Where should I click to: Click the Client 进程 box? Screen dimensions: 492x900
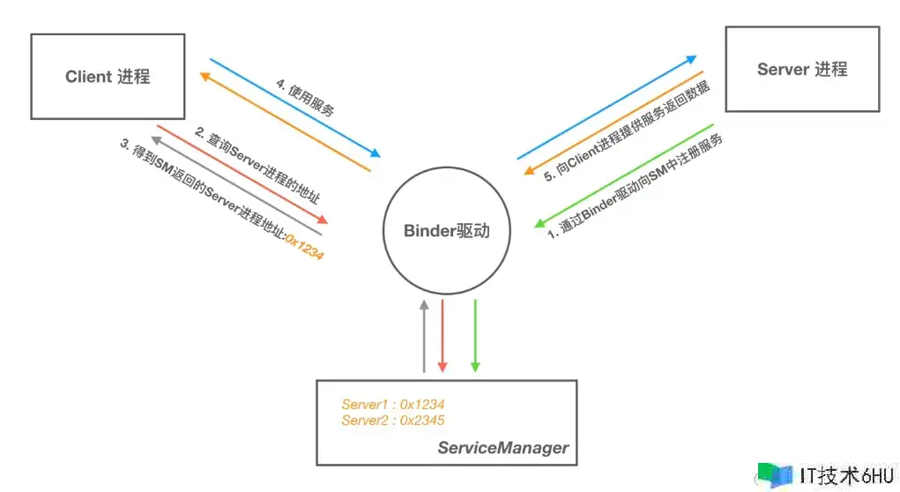tap(108, 77)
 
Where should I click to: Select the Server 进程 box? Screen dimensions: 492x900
tap(801, 69)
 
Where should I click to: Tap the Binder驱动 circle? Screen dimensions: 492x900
tap(445, 231)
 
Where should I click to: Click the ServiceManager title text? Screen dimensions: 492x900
tap(503, 448)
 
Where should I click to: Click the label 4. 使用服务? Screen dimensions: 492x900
tap(304, 99)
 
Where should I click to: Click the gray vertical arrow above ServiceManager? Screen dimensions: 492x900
tap(424, 335)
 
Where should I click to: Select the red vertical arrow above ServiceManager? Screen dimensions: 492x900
tap(443, 335)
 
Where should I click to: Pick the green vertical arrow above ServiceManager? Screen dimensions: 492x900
tap(475, 335)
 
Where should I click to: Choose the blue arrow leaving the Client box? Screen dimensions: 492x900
tap(294, 107)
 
